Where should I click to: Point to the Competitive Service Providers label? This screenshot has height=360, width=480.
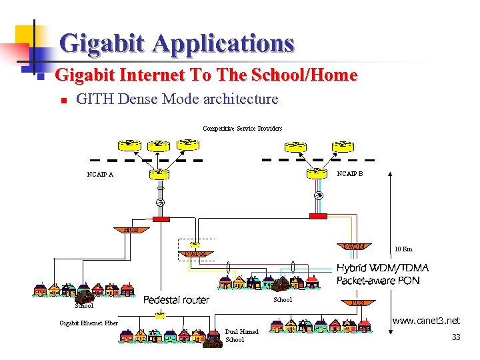[x=242, y=128]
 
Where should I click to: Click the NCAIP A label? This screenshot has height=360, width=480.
[x=100, y=175]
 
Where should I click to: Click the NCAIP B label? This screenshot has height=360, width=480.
[x=349, y=173]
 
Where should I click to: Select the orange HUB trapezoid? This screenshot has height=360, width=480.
[x=131, y=230]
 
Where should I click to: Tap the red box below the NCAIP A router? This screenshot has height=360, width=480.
[x=161, y=218]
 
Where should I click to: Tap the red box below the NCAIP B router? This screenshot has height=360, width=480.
[x=319, y=216]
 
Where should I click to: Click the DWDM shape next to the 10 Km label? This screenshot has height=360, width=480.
[x=353, y=247]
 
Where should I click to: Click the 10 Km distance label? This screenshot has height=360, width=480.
[x=403, y=249]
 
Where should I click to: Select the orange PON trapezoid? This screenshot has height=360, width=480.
[x=357, y=302]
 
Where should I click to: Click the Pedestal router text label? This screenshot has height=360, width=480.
[x=177, y=300]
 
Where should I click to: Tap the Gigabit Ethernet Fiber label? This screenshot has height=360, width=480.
[x=89, y=323]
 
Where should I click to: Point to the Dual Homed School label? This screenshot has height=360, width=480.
[x=241, y=335]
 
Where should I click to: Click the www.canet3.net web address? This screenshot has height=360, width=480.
[x=426, y=321]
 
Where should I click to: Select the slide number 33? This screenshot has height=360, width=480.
[x=456, y=337]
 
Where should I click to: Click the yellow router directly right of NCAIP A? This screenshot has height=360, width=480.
[x=159, y=173]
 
